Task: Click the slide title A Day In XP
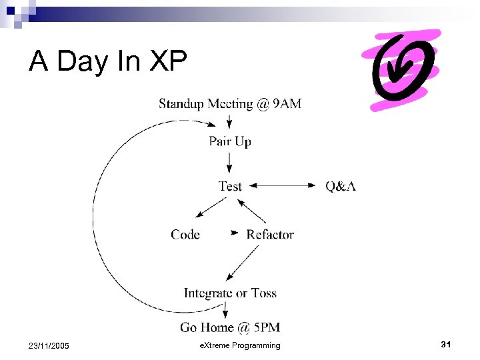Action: coord(109,61)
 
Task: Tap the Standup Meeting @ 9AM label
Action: coord(230,104)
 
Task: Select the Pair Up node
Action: coord(230,141)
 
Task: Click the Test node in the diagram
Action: coord(230,186)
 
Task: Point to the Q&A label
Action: coord(341,186)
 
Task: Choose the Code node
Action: coord(185,234)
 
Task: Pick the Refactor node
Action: coord(270,234)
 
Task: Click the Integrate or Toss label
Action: coord(230,293)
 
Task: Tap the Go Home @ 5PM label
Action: coord(230,327)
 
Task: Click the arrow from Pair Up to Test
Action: coord(230,163)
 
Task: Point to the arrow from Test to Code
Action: coord(209,209)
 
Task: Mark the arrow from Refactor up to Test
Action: coord(253,211)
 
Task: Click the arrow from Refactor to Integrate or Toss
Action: coord(243,262)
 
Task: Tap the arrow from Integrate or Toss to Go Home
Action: coord(226,309)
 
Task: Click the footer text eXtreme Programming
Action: coord(240,345)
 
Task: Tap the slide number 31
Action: coord(446,345)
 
